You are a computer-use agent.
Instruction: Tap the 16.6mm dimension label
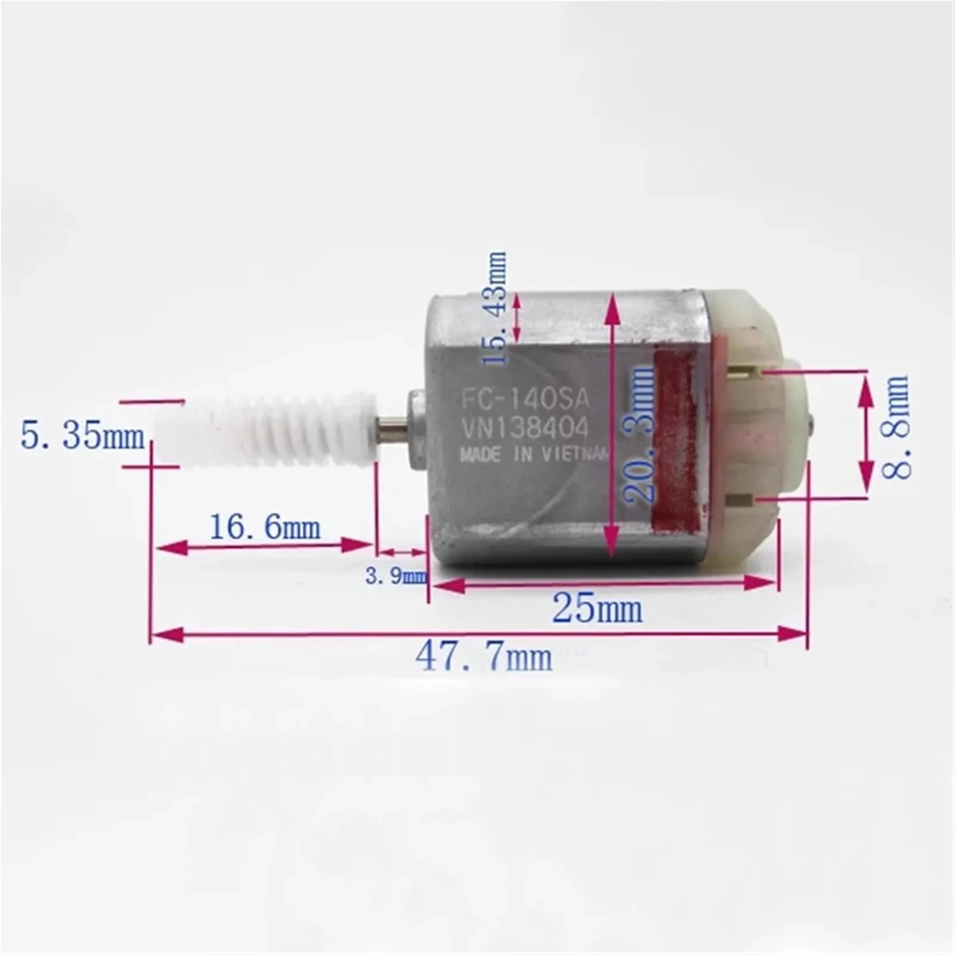[x=265, y=527]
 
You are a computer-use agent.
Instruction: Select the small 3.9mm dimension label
[x=395, y=576]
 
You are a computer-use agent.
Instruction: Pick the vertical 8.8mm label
[x=896, y=427]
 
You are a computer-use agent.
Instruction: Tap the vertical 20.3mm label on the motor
[x=639, y=434]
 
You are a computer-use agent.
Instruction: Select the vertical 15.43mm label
[x=495, y=309]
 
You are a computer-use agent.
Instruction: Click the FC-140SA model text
[x=526, y=400]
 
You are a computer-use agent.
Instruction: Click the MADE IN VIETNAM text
[x=534, y=455]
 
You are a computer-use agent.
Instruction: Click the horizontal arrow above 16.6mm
[x=265, y=546]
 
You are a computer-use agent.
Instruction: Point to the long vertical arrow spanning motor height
[x=612, y=423]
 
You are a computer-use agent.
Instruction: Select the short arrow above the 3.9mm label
[x=402, y=553]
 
